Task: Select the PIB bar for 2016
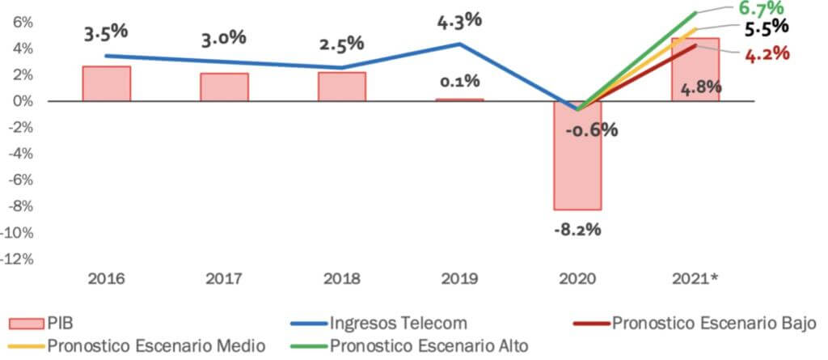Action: (x=107, y=84)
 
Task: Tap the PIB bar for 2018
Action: (x=342, y=87)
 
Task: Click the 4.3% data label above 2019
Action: (x=459, y=20)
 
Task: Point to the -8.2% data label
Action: (x=577, y=230)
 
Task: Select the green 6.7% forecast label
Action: (x=760, y=8)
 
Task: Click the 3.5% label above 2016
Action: (x=106, y=34)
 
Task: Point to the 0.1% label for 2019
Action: (x=459, y=81)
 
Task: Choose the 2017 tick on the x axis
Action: (x=224, y=279)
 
